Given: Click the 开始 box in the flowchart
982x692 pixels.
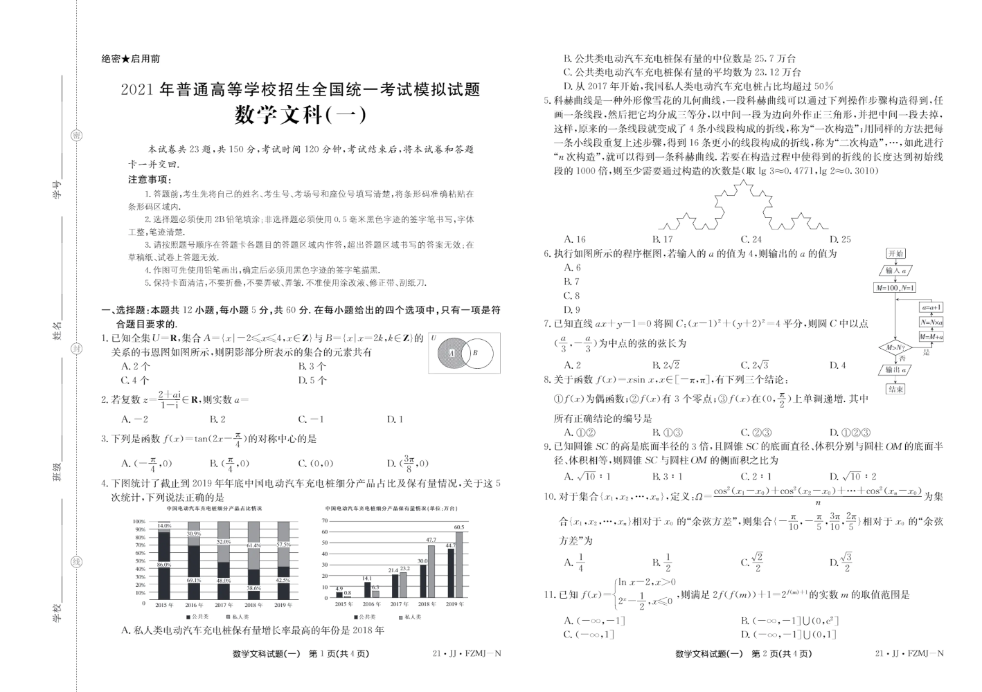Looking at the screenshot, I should click(x=896, y=254).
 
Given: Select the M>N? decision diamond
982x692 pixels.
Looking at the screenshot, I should click(x=895, y=347).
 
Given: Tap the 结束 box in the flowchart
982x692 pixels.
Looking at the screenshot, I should click(x=895, y=389).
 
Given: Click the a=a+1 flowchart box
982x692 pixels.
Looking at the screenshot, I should click(x=931, y=307).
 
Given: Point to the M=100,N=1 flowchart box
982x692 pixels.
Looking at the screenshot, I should click(x=895, y=288).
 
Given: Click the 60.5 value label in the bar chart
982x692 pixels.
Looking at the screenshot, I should click(x=458, y=527).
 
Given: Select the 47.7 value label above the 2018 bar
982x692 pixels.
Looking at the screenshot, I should click(x=431, y=540).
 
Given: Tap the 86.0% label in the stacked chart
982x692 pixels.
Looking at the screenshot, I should click(x=163, y=565).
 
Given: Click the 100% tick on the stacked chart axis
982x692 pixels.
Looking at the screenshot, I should click(x=139, y=521).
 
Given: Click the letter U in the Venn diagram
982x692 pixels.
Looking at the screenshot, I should click(x=434, y=338).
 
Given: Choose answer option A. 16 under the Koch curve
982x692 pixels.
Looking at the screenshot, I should click(x=575, y=239).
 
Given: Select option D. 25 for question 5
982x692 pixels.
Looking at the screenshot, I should click(x=840, y=239).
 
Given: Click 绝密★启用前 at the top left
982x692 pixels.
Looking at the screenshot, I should click(x=130, y=60).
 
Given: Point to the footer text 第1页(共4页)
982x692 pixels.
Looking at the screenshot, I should click(x=339, y=653).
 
